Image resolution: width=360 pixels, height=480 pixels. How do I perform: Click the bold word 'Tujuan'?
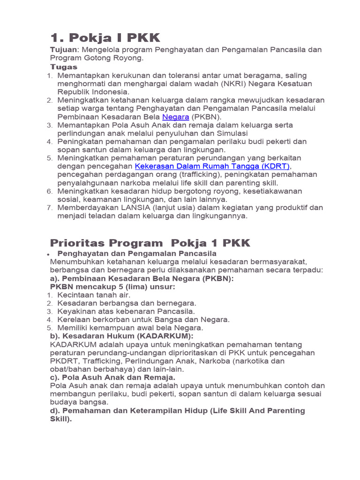pos(63,50)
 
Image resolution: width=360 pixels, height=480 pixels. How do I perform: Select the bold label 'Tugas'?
pos(64,67)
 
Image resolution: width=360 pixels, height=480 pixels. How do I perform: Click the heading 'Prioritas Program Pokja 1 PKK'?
pos(150,243)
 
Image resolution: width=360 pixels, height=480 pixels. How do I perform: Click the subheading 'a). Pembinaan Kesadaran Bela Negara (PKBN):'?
pos(142,278)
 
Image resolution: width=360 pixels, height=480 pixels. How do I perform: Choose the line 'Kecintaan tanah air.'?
pos(94,295)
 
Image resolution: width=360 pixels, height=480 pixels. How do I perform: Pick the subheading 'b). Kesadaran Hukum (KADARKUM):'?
pos(121,336)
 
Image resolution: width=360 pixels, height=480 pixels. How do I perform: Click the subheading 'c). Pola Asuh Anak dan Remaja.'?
pos(112,377)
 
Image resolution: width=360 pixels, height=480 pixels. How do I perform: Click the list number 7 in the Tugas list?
pos(50,208)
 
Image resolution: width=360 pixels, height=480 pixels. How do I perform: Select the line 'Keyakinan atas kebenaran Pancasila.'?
pos(126,311)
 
